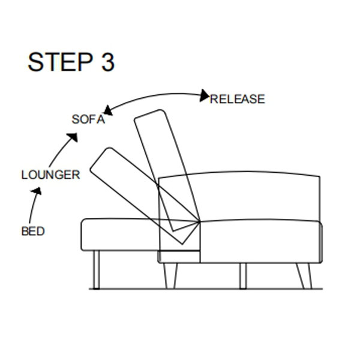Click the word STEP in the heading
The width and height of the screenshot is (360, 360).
click(x=60, y=62)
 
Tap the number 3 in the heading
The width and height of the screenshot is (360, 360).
click(x=107, y=62)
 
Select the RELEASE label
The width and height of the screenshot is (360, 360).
click(x=238, y=99)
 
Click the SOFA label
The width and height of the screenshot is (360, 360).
click(x=88, y=119)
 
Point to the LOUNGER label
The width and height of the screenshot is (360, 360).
click(x=51, y=175)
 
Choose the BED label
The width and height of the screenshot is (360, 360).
click(x=33, y=231)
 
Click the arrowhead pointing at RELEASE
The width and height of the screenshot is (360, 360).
click(x=204, y=95)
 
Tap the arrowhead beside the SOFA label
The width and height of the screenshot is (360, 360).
click(x=108, y=110)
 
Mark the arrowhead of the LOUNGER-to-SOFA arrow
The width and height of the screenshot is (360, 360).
click(x=73, y=137)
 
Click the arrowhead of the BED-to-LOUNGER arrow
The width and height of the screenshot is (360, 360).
click(x=37, y=191)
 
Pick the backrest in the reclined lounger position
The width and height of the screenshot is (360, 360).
click(x=144, y=195)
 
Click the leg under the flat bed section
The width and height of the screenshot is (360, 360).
click(x=97, y=269)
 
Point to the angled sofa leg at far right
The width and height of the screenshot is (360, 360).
click(x=304, y=275)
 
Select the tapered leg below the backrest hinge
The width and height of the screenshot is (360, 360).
click(x=170, y=275)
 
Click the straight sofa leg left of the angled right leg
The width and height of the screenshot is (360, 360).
click(x=243, y=275)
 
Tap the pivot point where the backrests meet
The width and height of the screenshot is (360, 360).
click(x=199, y=222)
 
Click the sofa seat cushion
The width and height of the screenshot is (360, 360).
click(x=261, y=241)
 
